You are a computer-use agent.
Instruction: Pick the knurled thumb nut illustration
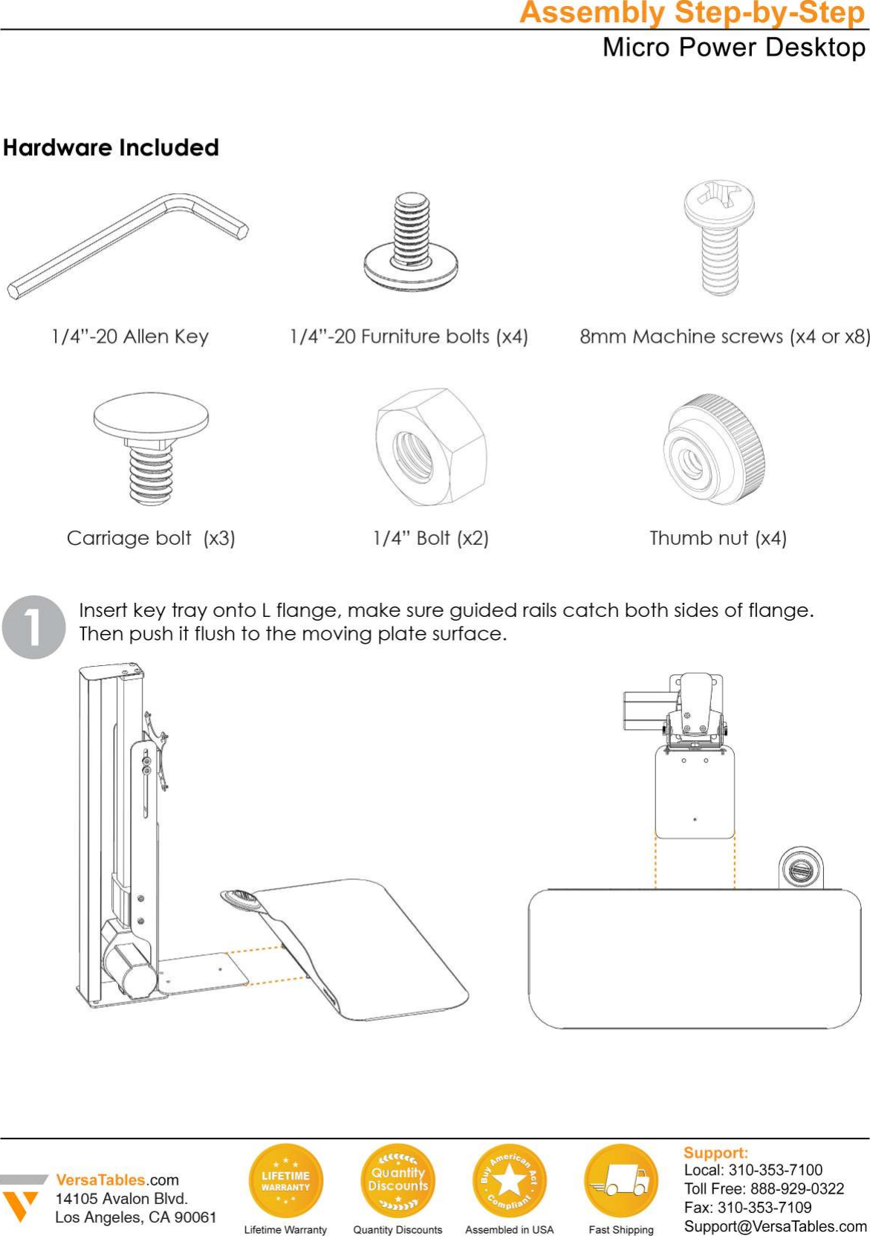tap(714, 450)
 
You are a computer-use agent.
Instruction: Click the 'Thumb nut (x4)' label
tap(718, 538)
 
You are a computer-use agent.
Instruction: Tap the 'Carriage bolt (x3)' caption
tap(151, 538)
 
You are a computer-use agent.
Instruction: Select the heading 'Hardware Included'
tap(111, 147)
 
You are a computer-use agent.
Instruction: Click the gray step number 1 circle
tap(34, 627)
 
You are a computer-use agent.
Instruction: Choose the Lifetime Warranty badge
tap(286, 1180)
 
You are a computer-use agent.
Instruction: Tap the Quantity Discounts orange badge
tap(397, 1180)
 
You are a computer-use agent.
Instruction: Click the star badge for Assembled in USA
tap(509, 1180)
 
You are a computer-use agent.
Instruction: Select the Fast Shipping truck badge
tap(621, 1180)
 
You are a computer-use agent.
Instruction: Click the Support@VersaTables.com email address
tap(775, 1226)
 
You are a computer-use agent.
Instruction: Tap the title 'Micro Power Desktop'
tap(733, 48)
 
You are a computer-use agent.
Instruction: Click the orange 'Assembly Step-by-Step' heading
tap(692, 13)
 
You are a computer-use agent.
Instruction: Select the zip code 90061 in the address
tap(195, 1217)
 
